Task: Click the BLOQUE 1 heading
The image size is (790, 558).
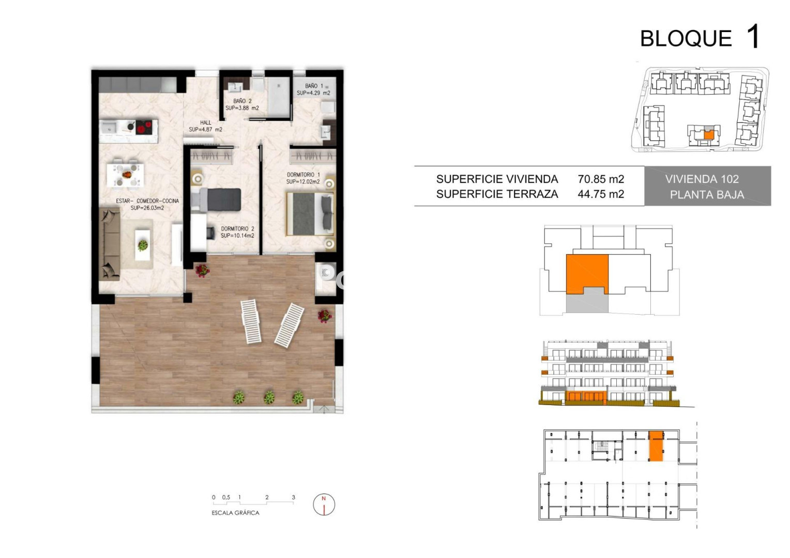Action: click(700, 37)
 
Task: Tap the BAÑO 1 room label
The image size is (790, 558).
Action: click(314, 86)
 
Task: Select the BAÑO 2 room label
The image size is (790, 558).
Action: click(242, 101)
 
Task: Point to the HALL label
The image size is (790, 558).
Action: click(206, 122)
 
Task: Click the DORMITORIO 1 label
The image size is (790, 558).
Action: click(303, 175)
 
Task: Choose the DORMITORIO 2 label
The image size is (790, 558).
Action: click(237, 229)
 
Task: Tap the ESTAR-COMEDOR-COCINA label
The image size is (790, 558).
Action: click(147, 201)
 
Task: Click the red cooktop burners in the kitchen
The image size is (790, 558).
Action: click(144, 127)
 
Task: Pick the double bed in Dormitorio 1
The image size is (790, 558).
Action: click(310, 213)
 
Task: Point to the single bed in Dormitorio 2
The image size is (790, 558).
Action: click(216, 200)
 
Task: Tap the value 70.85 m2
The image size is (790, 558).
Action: click(601, 179)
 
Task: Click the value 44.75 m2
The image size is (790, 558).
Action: click(601, 194)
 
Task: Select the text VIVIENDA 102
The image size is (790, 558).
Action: click(702, 179)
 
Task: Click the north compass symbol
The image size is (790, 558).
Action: click(324, 504)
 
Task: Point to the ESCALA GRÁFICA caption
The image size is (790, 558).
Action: click(236, 513)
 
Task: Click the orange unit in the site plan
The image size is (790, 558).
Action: click(709, 134)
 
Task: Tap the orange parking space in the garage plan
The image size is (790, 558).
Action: click(656, 445)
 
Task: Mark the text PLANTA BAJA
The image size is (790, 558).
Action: click(707, 195)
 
